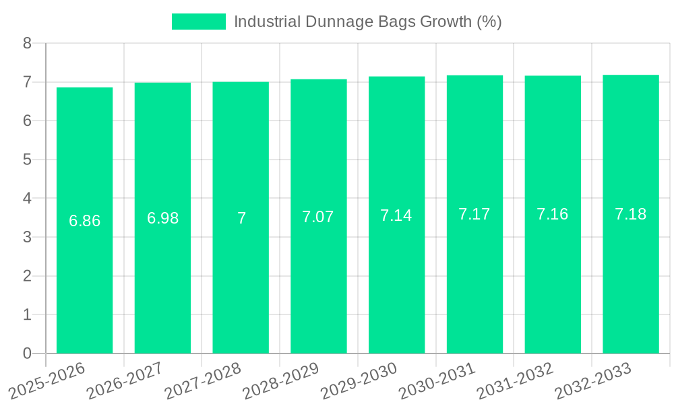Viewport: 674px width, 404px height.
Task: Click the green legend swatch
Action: click(x=199, y=22)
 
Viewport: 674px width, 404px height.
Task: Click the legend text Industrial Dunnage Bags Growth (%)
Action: click(x=367, y=22)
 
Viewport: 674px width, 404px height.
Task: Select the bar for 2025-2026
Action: click(x=84, y=283)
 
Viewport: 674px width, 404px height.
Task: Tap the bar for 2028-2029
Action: click(x=319, y=283)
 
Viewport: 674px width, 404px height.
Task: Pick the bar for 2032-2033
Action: click(x=631, y=283)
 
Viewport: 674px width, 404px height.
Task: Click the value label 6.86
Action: click(x=84, y=221)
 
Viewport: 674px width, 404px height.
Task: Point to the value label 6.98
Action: click(x=162, y=218)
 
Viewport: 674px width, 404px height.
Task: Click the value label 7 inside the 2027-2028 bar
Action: click(x=241, y=218)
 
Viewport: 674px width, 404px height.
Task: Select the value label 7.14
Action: click(x=396, y=215)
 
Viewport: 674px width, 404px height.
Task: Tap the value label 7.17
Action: click(x=474, y=214)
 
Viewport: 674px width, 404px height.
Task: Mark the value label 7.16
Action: click(x=553, y=214)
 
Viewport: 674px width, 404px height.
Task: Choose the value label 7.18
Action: click(x=631, y=214)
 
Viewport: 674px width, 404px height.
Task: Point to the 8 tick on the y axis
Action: click(x=27, y=43)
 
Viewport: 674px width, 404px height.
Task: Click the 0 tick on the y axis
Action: click(x=27, y=353)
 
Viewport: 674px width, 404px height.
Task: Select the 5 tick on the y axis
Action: click(x=27, y=160)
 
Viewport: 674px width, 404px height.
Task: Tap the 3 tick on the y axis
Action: click(x=27, y=237)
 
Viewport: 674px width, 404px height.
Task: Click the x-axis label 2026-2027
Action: click(x=125, y=380)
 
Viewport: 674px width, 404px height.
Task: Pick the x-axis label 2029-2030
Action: click(x=359, y=380)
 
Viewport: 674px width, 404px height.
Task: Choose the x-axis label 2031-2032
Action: click(x=515, y=380)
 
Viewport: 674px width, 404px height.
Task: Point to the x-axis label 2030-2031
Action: click(x=437, y=380)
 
